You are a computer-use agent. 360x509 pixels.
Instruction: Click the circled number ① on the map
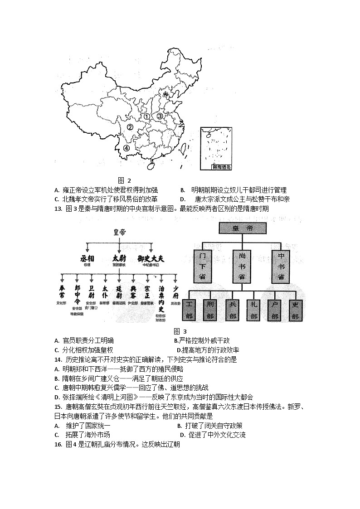point(147,116)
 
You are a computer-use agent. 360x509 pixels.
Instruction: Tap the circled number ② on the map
point(130,127)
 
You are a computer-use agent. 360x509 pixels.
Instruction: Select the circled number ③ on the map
point(160,116)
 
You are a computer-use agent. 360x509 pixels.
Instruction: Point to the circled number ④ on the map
point(126,148)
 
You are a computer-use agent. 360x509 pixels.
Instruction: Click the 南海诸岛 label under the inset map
point(222,167)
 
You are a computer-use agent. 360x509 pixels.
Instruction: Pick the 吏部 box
point(295,310)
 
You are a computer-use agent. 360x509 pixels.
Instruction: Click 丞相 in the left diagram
point(87,258)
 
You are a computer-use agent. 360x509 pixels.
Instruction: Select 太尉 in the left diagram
point(119,258)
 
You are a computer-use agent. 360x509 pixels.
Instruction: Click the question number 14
point(57,359)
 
